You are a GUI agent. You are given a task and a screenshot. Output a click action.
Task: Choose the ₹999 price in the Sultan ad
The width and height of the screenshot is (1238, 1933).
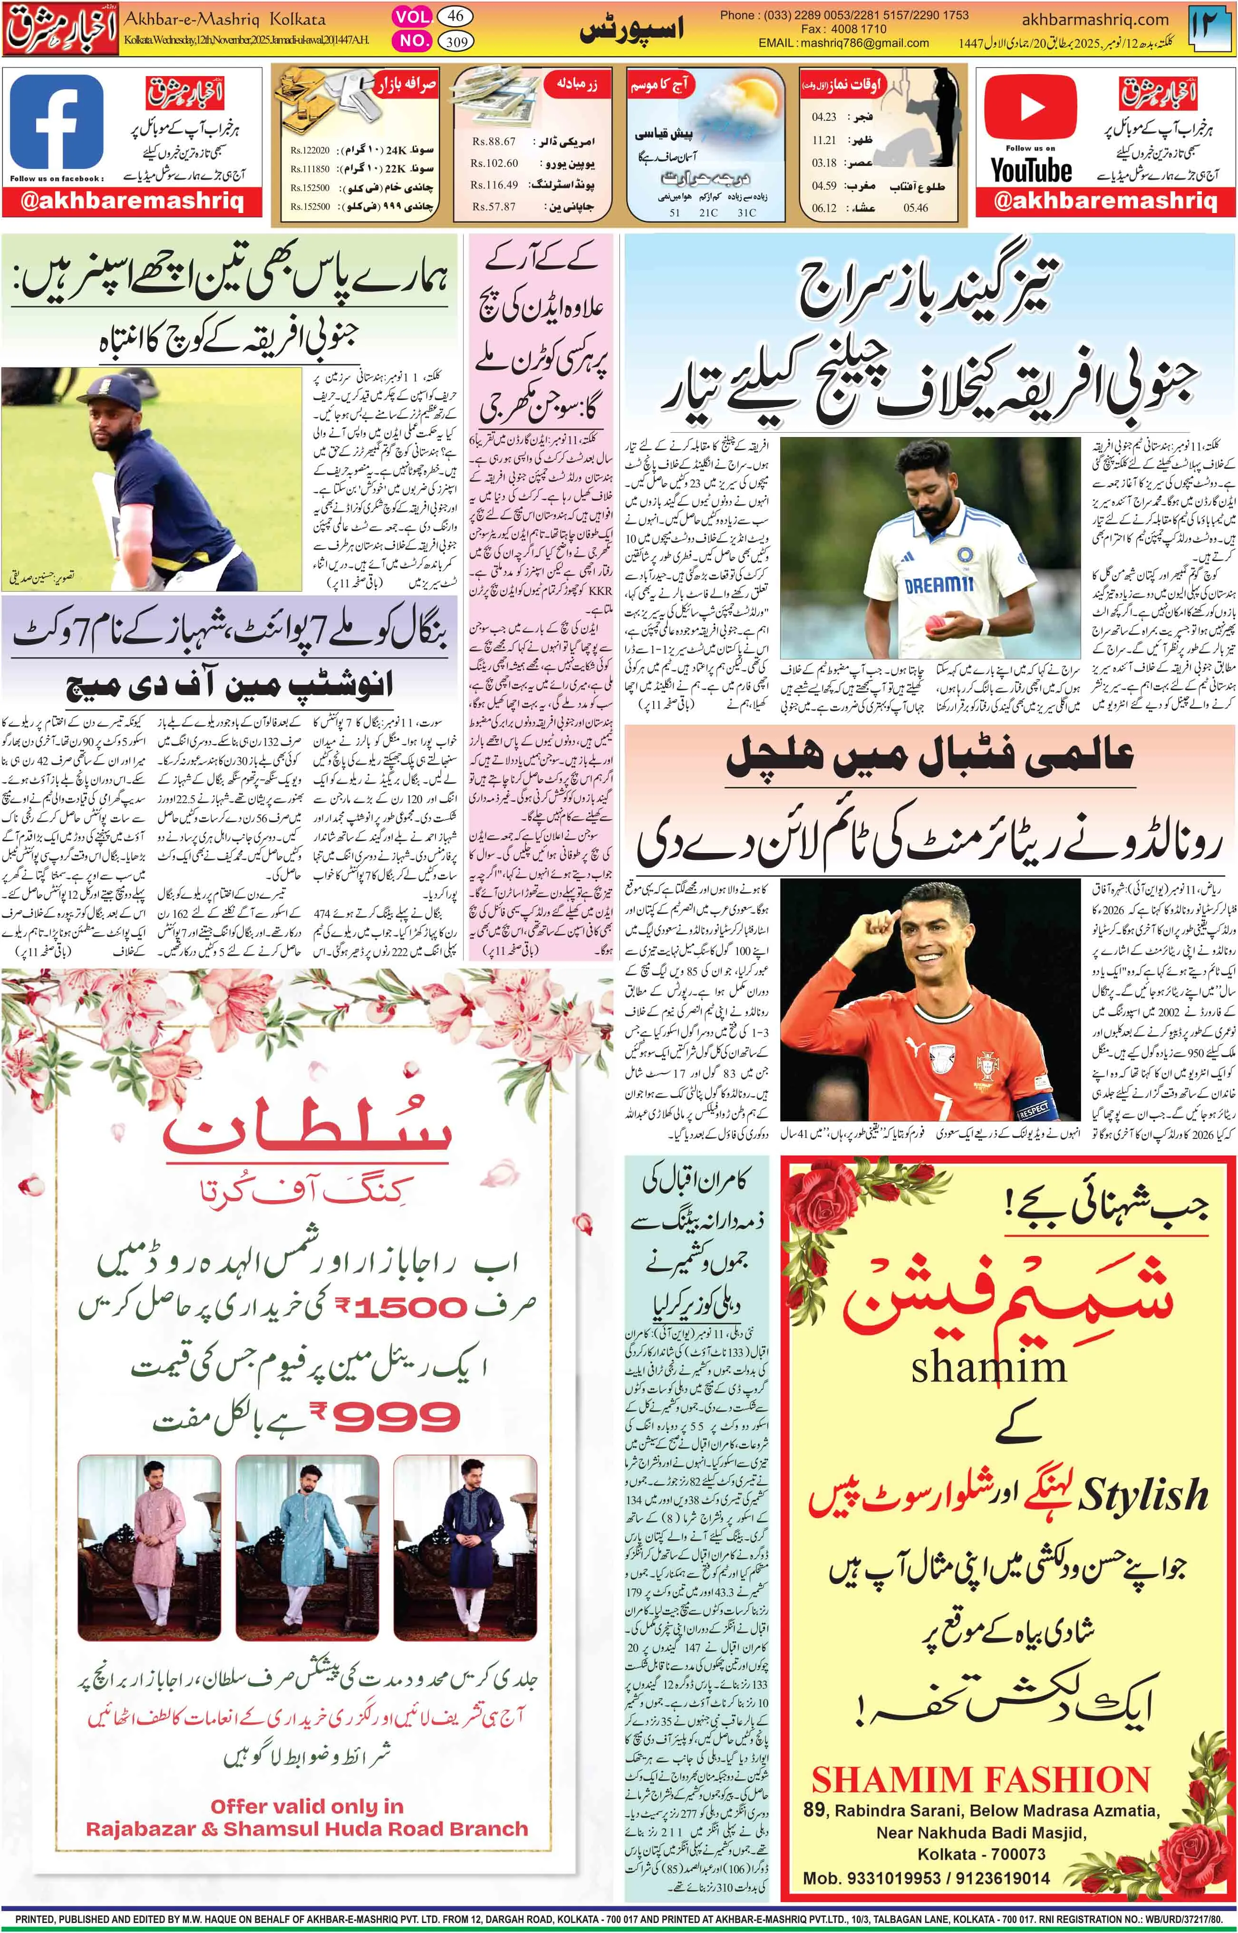(x=386, y=1417)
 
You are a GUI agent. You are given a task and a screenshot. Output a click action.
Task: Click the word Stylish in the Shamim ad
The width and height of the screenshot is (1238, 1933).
(x=1143, y=1494)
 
